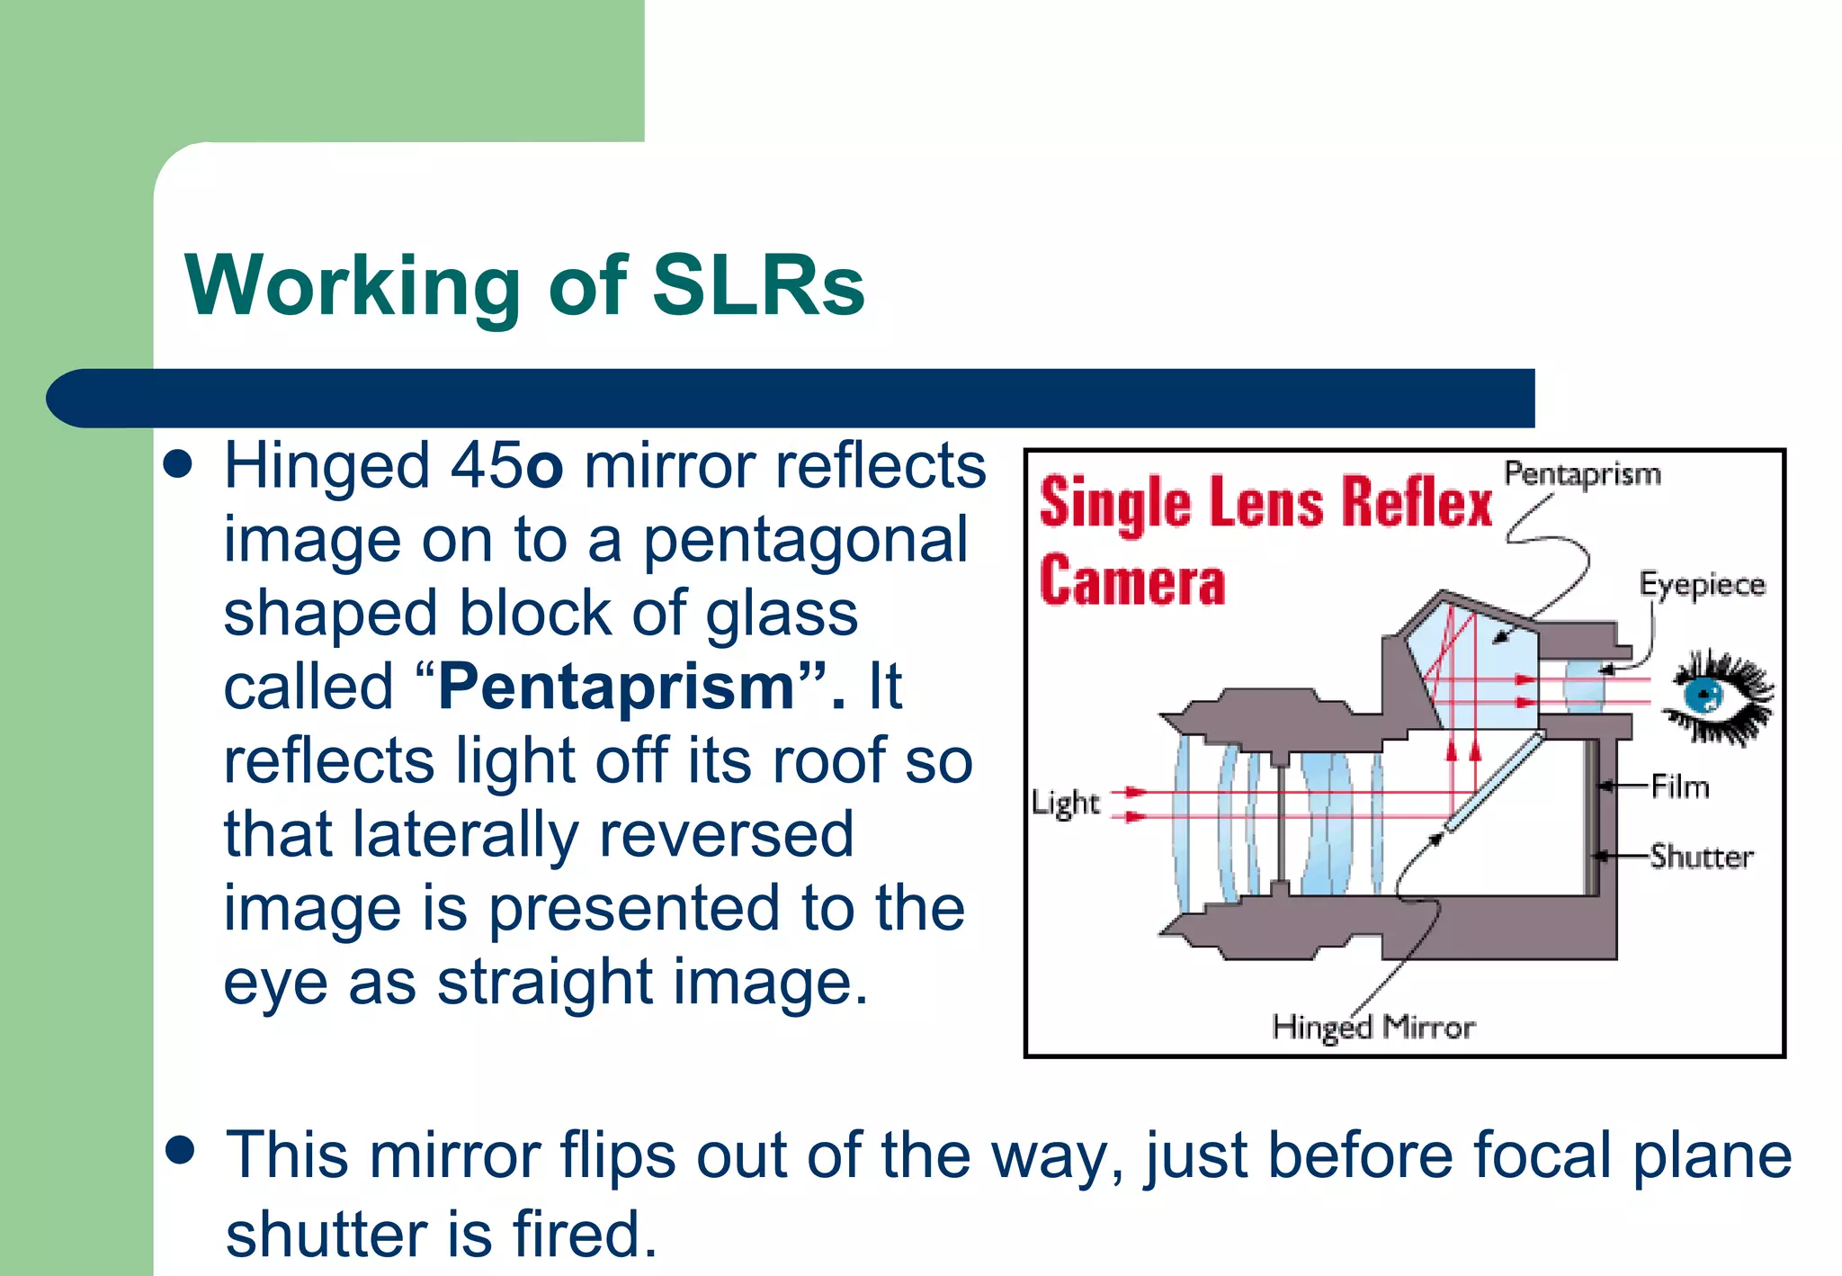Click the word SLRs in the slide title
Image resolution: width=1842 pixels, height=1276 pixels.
pos(757,286)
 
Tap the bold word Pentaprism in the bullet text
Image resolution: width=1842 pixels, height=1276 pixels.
pos(616,687)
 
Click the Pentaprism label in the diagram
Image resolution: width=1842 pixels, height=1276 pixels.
pos(1582,474)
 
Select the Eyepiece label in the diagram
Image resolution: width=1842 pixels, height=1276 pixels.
pos(1702,585)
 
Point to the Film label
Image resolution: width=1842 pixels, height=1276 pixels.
pos(1680,787)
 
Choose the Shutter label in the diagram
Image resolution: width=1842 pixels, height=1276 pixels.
pos(1702,857)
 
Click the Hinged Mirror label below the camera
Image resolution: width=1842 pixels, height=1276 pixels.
pos(1373,1027)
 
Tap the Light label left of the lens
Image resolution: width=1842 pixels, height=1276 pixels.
pos(1065,803)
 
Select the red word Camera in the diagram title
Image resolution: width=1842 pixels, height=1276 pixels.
pos(1132,581)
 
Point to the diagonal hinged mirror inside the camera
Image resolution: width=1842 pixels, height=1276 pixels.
pos(1493,781)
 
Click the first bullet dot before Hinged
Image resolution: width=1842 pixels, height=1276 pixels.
pos(179,465)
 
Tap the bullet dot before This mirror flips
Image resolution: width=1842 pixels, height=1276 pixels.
pos(180,1152)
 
